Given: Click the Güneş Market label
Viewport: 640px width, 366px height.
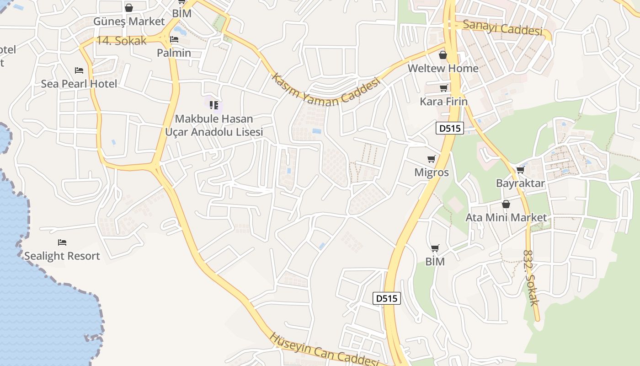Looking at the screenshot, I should pyautogui.click(x=129, y=22).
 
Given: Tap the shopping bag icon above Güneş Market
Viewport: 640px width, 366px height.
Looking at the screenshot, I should pyautogui.click(x=129, y=7).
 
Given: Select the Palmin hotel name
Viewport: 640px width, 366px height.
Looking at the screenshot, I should pyautogui.click(x=174, y=53).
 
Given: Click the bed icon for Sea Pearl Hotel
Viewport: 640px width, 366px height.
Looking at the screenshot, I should pyautogui.click(x=79, y=70).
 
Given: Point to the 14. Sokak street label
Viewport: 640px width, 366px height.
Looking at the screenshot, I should pyautogui.click(x=122, y=41).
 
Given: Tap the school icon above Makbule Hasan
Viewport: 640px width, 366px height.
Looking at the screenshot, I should pyautogui.click(x=213, y=105).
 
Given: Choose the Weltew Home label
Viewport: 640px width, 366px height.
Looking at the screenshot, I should pyautogui.click(x=443, y=69).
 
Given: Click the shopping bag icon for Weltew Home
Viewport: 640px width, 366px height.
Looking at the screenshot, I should pyautogui.click(x=443, y=55).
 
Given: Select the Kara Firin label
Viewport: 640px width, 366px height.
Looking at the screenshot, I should pyautogui.click(x=444, y=102).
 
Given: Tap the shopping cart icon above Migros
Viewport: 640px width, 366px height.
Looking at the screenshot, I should pyautogui.click(x=431, y=159).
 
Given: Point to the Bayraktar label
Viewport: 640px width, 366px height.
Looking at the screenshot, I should pyautogui.click(x=520, y=183).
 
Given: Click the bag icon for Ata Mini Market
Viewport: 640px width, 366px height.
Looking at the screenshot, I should pyautogui.click(x=506, y=204).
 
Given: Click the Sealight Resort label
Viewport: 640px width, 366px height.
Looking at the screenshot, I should pyautogui.click(x=62, y=256).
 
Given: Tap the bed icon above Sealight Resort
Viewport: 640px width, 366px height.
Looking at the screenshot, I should pyautogui.click(x=62, y=242).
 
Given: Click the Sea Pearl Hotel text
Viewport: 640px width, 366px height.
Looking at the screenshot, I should pyautogui.click(x=79, y=84).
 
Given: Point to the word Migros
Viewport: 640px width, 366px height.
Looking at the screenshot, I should pyautogui.click(x=431, y=173).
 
